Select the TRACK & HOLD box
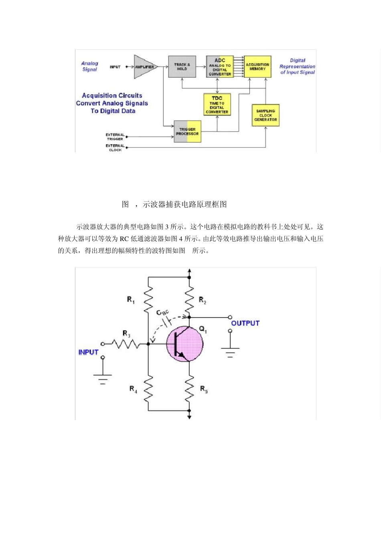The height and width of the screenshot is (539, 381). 182,67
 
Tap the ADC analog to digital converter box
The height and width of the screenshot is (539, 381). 220,67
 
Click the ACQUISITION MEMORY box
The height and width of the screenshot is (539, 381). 257,67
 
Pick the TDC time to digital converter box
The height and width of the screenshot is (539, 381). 217,105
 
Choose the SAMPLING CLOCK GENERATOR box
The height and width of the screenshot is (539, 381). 265,115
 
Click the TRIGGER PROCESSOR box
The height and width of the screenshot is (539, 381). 187,131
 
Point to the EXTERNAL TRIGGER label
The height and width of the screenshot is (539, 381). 115,137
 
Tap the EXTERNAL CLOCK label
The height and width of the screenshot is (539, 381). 115,148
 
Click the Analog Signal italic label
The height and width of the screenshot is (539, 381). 89,66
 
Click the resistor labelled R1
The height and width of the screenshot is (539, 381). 148,299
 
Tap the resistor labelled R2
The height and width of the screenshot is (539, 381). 189,299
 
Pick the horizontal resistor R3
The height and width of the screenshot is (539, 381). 126,344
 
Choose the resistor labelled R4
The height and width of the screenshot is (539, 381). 148,388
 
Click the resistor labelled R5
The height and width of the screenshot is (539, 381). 189,388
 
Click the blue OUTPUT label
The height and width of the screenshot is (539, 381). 245,323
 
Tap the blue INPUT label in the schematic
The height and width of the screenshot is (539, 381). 88,352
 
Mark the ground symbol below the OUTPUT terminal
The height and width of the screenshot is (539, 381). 230,352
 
